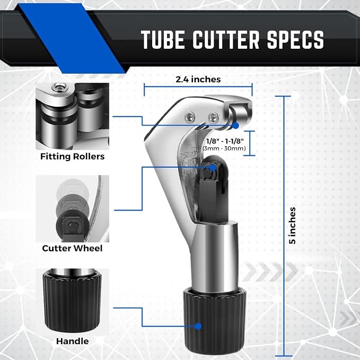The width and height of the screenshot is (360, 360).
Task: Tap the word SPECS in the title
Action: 295,40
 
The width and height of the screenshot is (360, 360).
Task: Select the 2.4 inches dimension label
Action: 198,80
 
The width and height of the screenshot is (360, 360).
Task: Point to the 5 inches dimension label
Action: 292,225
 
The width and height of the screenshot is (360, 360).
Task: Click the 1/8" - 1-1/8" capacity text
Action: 225,141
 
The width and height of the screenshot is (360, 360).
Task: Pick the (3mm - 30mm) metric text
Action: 224,148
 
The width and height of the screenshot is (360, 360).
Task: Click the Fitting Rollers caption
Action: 72,156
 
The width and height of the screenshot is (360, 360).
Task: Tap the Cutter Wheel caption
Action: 72,249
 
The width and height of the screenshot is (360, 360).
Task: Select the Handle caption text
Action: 72,341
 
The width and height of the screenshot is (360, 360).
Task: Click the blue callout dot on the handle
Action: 198,326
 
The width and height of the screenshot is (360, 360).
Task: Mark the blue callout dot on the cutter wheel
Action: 213,168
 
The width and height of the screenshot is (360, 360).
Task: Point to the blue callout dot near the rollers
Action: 235,125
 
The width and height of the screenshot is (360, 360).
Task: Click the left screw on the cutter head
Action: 190,117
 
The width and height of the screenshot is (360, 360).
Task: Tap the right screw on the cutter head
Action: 213,118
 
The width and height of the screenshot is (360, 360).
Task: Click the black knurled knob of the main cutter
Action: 214,321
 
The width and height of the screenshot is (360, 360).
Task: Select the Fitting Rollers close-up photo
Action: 72,117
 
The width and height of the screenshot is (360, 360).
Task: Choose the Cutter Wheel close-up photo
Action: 72,209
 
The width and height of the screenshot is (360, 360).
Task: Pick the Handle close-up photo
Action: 72,301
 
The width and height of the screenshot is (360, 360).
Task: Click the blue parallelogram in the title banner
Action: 72,38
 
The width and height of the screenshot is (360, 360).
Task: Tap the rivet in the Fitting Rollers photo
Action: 60,87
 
